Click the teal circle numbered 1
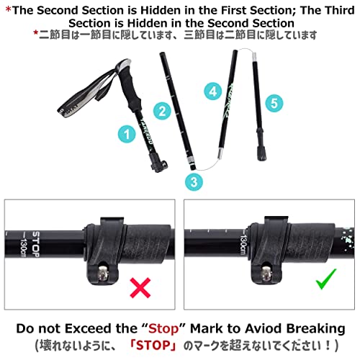[x=127, y=134]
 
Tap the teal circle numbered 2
[x=163, y=111]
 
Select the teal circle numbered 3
[x=194, y=181]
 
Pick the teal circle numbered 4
[x=213, y=91]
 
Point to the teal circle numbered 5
[x=274, y=103]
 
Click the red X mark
[x=140, y=287]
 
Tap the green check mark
[x=326, y=279]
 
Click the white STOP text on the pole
[x=36, y=244]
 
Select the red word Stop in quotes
[x=163, y=329]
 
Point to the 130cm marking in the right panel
[x=243, y=245]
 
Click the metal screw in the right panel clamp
[x=266, y=274]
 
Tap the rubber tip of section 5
[x=261, y=153]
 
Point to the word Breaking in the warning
[x=316, y=329]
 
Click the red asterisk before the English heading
[x=9, y=9]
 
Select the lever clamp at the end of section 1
[x=158, y=163]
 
